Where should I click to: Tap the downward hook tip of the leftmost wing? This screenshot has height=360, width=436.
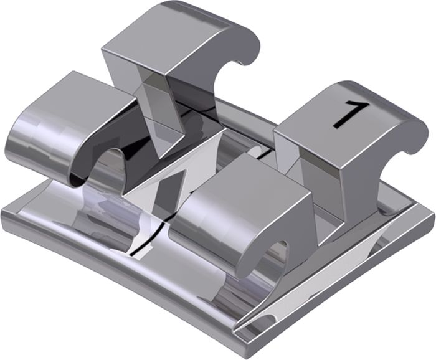pyautogui.click(x=78, y=183)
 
